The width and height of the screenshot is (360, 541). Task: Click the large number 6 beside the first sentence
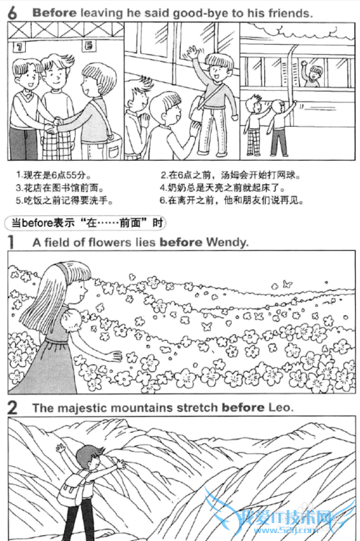pos(12,13)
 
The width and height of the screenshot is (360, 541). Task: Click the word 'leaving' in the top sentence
pos(101,13)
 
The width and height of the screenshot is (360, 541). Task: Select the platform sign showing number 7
pos(19,47)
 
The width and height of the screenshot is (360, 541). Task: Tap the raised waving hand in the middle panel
pos(192,53)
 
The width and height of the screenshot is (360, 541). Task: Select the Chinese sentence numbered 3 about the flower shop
pos(60,188)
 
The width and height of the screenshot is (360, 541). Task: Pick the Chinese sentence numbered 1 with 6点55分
pos(53,175)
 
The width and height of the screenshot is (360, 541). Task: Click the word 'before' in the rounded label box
pos(37,223)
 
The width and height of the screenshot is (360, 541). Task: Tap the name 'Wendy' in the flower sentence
pos(228,242)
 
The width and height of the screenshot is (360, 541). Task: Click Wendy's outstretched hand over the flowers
pos(114,356)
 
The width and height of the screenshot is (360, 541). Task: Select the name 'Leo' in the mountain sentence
pos(280,408)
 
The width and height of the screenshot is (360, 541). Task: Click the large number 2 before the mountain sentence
pos(12,408)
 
